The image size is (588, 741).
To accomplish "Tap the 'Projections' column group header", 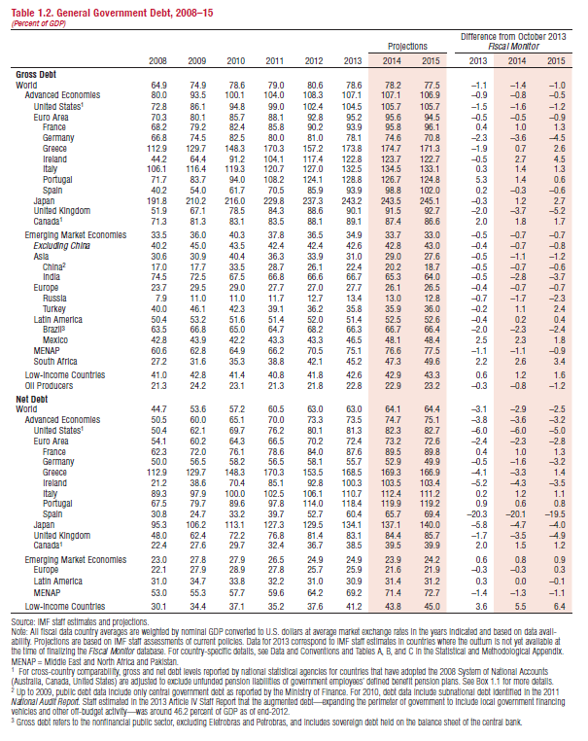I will (407, 46).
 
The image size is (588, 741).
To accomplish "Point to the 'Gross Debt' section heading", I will (36, 74).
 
